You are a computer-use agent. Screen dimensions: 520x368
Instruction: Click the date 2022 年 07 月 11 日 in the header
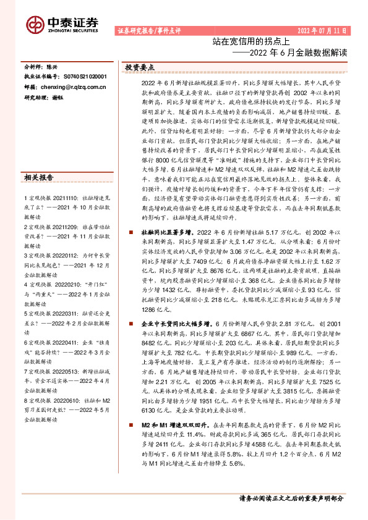coord(322,30)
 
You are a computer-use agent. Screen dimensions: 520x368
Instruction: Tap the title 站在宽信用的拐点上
coord(247,42)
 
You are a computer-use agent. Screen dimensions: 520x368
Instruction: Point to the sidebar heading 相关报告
coord(38,178)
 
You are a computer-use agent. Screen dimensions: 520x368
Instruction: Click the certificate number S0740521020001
coord(85,77)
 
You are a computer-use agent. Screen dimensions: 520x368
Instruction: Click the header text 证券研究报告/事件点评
coord(147,30)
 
